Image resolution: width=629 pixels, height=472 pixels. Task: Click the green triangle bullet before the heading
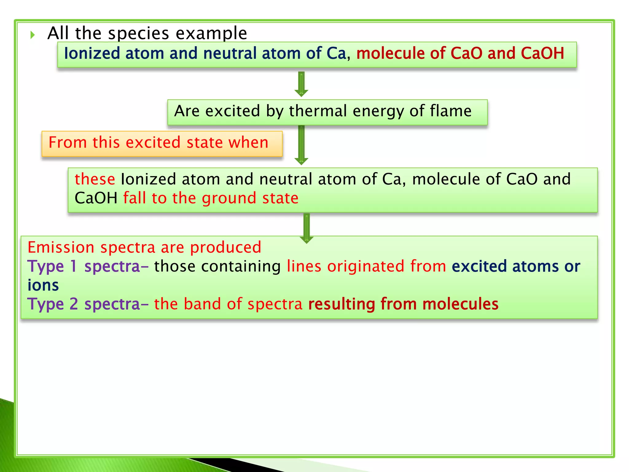click(x=33, y=35)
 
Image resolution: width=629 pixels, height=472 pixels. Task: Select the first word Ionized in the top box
click(x=92, y=53)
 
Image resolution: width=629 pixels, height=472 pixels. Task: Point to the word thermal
click(x=318, y=111)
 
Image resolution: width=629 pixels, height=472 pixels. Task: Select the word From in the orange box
click(x=68, y=143)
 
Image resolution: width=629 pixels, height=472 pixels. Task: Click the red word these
click(x=95, y=179)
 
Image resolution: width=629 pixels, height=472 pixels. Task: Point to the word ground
click(x=230, y=198)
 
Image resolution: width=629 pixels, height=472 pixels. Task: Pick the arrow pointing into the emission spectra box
click(x=306, y=228)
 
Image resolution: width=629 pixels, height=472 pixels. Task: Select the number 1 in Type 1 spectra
click(x=73, y=266)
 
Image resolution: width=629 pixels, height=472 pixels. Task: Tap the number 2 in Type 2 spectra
click(x=74, y=304)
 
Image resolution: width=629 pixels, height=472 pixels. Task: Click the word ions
click(x=43, y=285)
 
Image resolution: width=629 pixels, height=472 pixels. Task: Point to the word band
click(x=202, y=304)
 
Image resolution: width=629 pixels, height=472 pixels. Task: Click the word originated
click(x=365, y=266)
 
